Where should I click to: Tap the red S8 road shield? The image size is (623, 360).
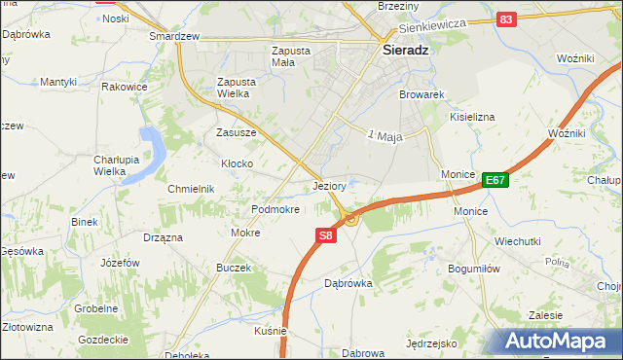tap(326, 235)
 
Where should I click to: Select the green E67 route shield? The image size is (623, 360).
tap(495, 180)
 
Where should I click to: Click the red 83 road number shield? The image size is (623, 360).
tap(505, 19)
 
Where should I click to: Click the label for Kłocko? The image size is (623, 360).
tap(238, 163)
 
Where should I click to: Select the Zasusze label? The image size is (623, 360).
tap(236, 132)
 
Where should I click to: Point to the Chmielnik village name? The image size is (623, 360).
tap(190, 189)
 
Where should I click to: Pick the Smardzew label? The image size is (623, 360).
tap(174, 36)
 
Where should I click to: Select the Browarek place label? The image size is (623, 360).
tap(421, 95)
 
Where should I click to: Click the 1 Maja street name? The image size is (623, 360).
tap(386, 135)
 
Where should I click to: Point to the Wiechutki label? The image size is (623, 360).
tap(517, 241)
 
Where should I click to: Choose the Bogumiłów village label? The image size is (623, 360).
tap(474, 269)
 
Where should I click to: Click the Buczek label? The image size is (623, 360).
tap(234, 268)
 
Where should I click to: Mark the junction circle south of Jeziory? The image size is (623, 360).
tap(350, 219)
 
